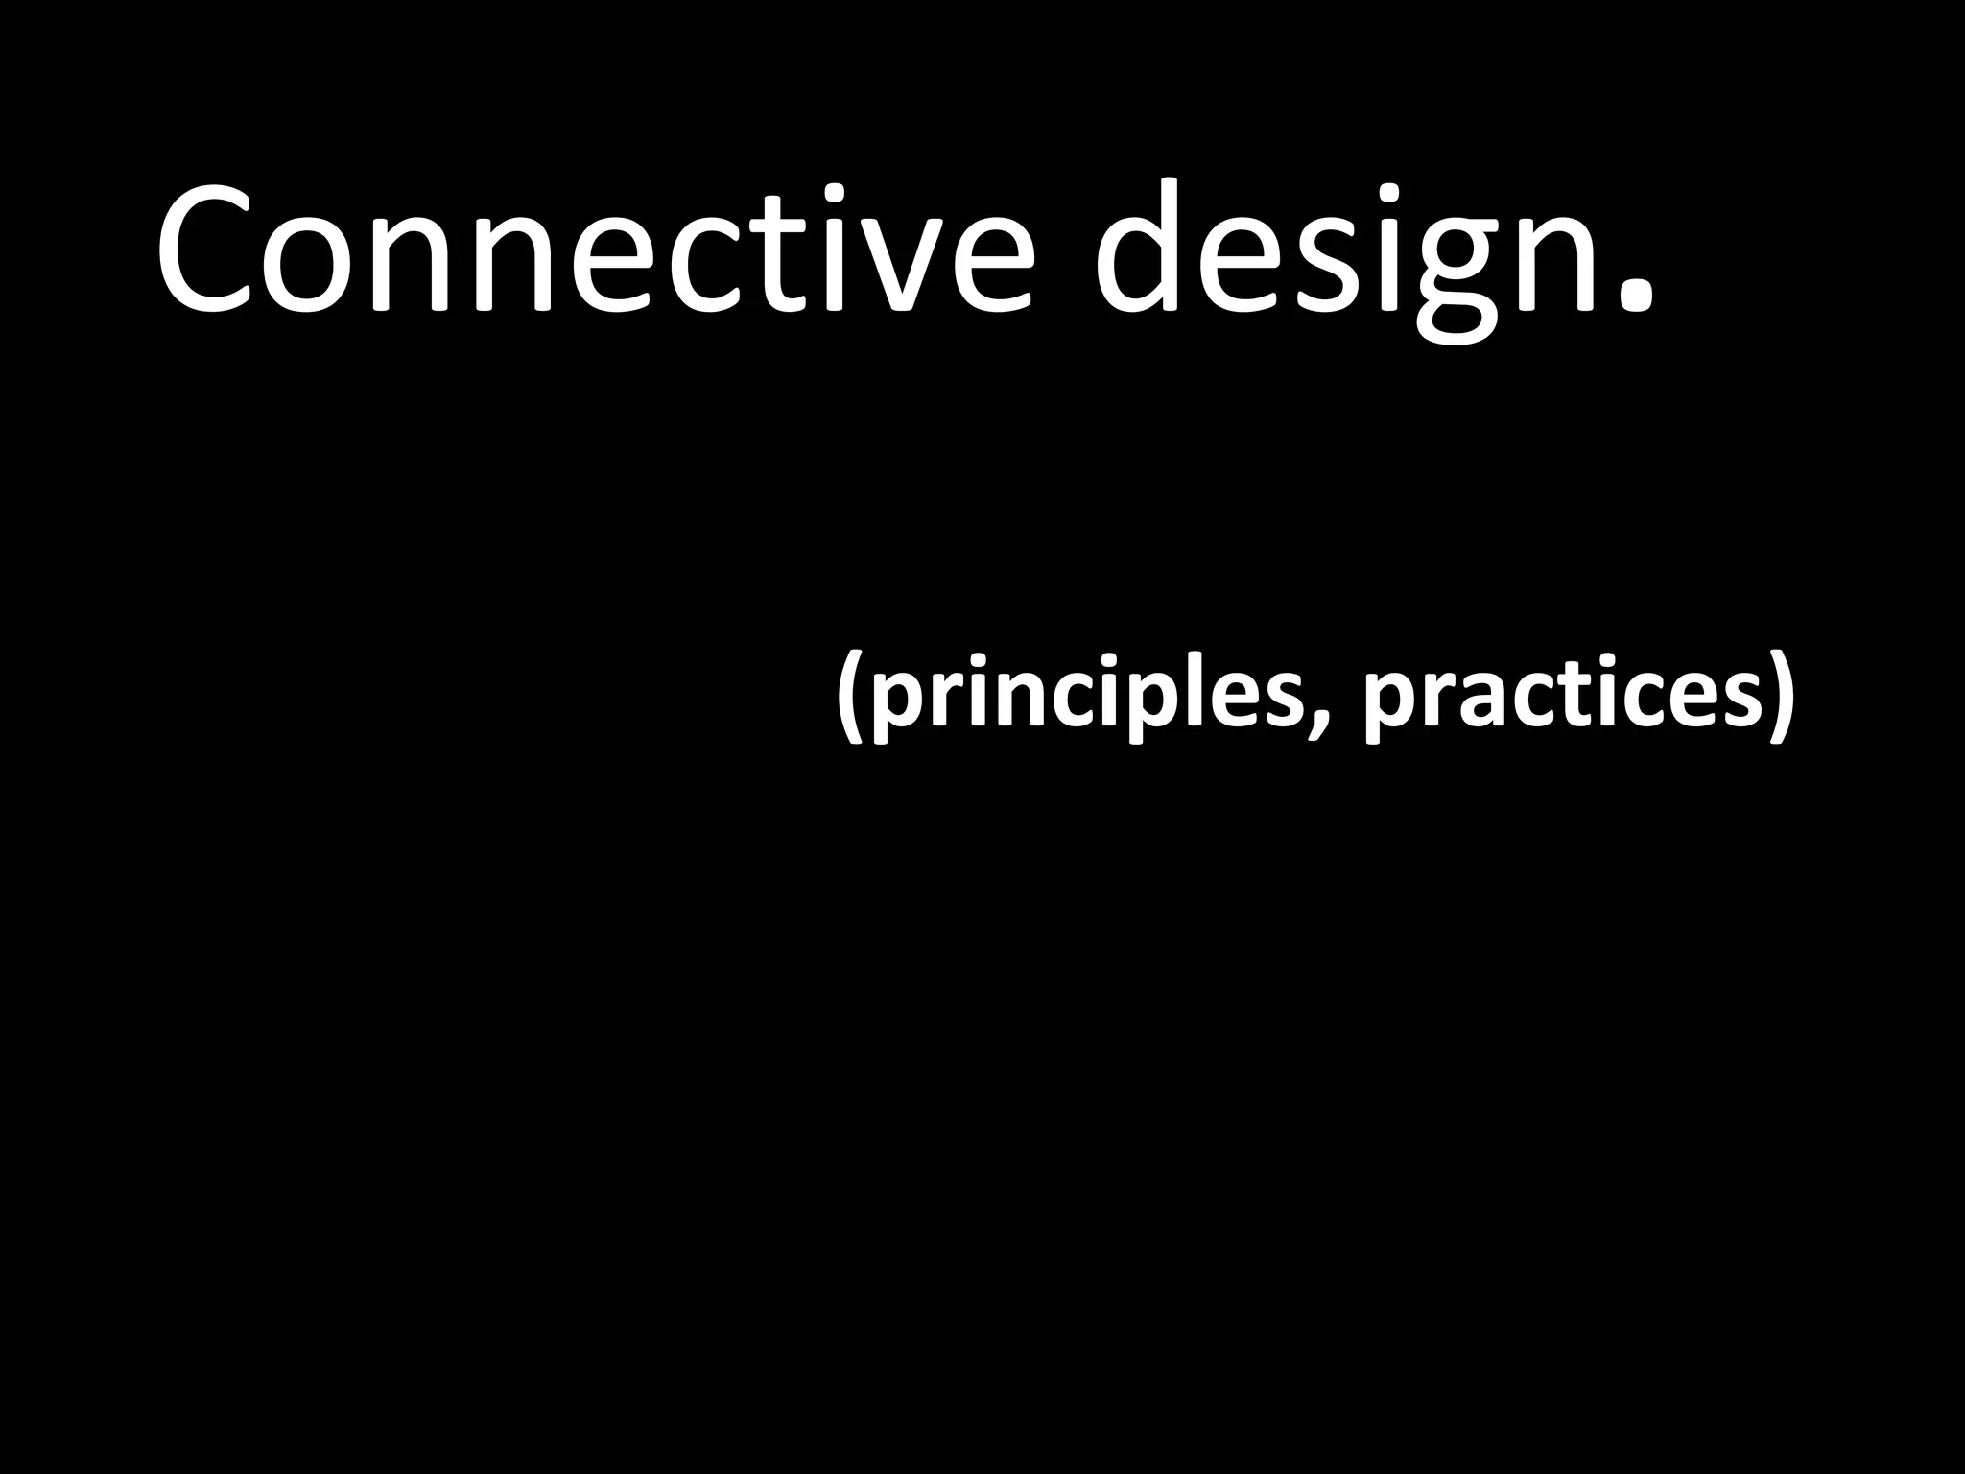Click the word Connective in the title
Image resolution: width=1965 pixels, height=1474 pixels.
pos(595,251)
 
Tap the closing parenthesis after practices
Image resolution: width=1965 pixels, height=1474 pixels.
pos(1778,694)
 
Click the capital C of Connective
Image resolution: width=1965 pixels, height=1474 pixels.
pos(207,251)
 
